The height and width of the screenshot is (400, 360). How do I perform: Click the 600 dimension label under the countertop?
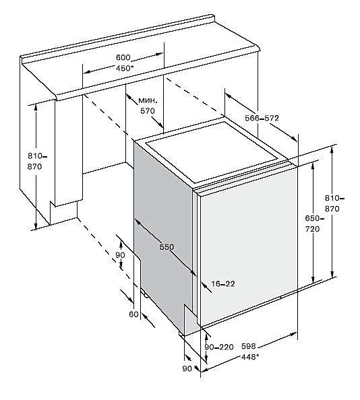pyautogui.click(x=123, y=58)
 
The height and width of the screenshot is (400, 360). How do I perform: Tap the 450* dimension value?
pyautogui.click(x=125, y=69)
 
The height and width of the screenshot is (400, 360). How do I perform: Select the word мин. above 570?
pyautogui.click(x=148, y=100)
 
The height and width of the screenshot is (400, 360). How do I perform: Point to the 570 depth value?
pyautogui.click(x=148, y=111)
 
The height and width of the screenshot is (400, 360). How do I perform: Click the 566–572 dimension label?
pyautogui.click(x=262, y=118)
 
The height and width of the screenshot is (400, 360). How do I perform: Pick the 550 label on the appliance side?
pyautogui.click(x=167, y=246)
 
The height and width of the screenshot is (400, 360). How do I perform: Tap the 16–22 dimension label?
pyautogui.click(x=223, y=284)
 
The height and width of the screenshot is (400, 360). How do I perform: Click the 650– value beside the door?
pyautogui.click(x=314, y=218)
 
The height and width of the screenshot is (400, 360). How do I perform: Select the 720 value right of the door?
pyautogui.click(x=312, y=229)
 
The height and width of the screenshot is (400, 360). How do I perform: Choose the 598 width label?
pyautogui.click(x=248, y=346)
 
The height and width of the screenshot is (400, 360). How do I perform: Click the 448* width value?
pyautogui.click(x=250, y=357)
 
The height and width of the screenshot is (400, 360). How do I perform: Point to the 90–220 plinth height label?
pyautogui.click(x=219, y=347)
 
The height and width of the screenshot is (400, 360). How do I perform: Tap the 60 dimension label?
pyautogui.click(x=133, y=314)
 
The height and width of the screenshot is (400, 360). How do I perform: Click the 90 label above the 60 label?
pyautogui.click(x=120, y=255)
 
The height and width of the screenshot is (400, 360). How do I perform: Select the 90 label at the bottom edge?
pyautogui.click(x=187, y=368)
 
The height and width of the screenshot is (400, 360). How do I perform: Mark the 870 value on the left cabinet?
pyautogui.click(x=34, y=166)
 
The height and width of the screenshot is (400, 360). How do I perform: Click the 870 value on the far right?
pyautogui.click(x=332, y=209)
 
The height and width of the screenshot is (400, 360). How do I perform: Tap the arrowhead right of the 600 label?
pyautogui.click(x=159, y=55)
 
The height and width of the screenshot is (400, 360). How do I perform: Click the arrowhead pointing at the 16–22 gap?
pyautogui.click(x=204, y=285)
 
